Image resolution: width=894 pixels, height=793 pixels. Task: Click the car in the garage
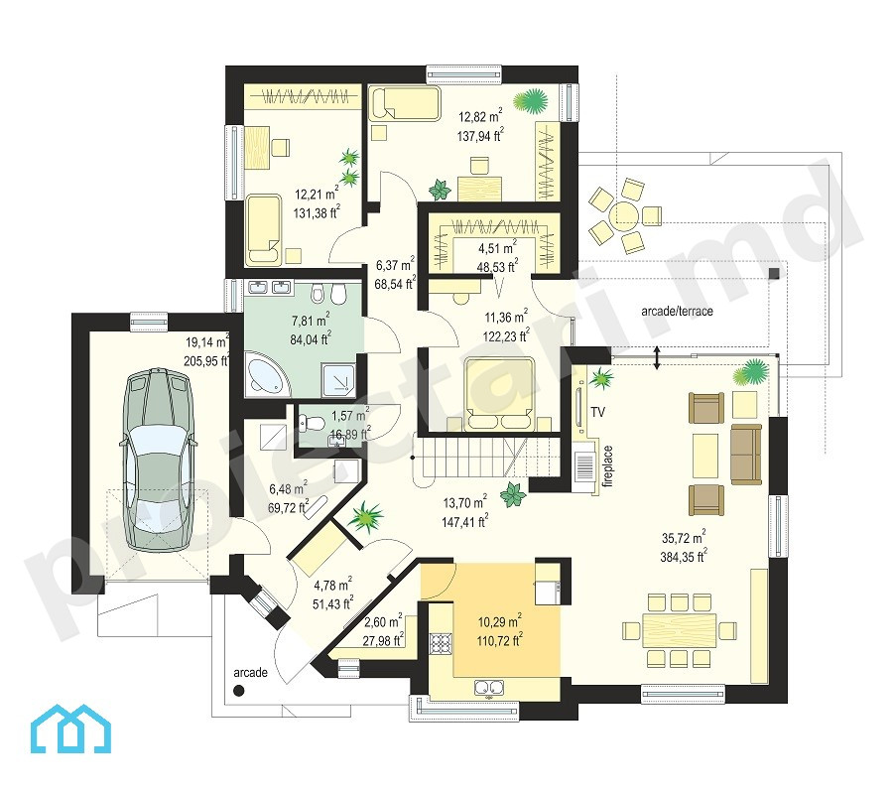[157, 460]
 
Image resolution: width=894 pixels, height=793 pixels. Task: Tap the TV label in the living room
[597, 412]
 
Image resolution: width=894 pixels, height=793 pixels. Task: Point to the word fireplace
[608, 466]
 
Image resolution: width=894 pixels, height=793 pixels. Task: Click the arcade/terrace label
[677, 311]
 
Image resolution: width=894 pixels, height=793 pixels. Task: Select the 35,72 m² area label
[684, 537]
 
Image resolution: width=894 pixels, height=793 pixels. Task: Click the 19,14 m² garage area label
[207, 341]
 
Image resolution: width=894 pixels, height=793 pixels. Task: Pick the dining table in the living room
[679, 630]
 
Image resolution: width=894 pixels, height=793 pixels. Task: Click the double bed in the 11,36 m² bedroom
[499, 393]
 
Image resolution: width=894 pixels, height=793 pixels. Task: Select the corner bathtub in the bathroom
[267, 374]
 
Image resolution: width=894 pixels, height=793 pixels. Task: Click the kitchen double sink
[489, 688]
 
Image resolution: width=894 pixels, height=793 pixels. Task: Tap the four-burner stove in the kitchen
[440, 643]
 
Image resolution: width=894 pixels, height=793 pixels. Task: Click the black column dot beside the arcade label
[239, 691]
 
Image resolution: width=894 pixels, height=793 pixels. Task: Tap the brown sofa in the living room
[746, 455]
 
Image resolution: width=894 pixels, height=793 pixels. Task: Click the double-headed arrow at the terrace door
[656, 357]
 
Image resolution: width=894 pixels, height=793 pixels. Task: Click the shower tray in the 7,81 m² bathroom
[338, 379]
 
